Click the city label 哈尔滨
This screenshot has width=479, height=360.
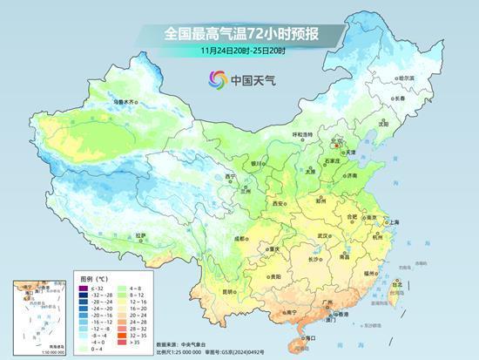click(x=405, y=78)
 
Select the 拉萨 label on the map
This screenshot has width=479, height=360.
click(x=142, y=235)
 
